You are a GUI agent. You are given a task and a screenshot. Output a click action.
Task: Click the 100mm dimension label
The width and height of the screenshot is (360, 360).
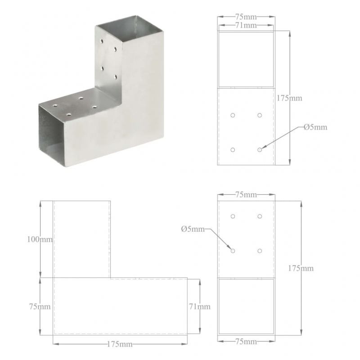click(40, 239)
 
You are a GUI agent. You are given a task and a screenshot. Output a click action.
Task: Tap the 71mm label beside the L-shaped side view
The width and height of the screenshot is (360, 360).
click(199, 307)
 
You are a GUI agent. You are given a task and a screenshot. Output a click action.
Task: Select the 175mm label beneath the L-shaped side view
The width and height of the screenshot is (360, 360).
click(120, 344)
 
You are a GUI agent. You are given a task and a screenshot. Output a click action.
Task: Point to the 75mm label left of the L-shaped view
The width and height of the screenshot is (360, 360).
click(40, 307)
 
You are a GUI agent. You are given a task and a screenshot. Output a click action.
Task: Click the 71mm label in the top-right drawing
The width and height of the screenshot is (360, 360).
click(246, 26)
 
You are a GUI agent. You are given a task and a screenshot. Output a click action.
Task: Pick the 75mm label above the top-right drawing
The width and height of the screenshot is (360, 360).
click(246, 17)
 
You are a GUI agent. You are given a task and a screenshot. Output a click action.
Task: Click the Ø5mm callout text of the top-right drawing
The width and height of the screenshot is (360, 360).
click(315, 127)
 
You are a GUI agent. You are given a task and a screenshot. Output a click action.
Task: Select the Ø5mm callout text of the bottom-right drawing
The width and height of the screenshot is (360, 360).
click(193, 229)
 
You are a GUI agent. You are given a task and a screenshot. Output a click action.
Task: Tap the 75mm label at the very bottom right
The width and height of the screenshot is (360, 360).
click(246, 342)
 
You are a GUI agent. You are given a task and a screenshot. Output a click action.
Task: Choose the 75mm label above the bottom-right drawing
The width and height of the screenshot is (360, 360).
click(246, 195)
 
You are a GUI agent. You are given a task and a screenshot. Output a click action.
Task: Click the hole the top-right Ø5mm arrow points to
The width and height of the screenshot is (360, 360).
click(260, 149)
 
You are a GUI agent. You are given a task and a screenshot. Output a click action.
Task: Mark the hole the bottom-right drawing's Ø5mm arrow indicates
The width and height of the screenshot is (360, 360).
click(233, 250)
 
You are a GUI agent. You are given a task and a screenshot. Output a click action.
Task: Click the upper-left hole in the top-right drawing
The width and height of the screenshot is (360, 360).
click(233, 115)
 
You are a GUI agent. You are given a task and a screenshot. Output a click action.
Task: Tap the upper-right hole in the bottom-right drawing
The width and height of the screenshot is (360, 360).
click(260, 216)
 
